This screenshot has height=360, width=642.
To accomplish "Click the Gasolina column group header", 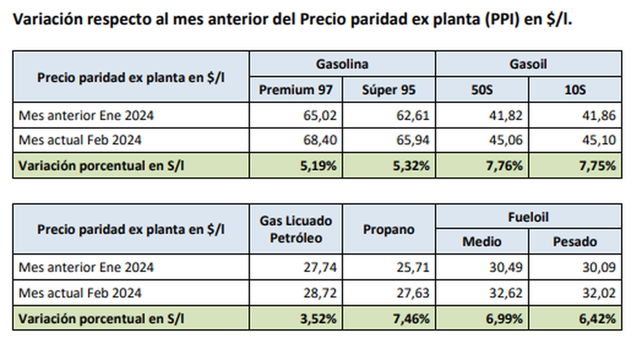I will (x=342, y=64).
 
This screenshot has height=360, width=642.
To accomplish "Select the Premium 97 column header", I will (x=296, y=89).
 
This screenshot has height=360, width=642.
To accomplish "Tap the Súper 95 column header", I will (x=388, y=89).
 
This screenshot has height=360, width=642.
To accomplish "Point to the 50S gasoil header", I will (x=482, y=89).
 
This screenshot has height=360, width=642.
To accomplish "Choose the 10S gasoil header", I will (x=575, y=89).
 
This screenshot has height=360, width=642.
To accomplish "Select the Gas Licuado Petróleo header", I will (x=296, y=229).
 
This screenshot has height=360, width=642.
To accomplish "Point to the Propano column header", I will (x=388, y=229).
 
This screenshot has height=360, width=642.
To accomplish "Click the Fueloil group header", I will (x=529, y=217).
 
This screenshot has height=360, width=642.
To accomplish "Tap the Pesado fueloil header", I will (x=575, y=241).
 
